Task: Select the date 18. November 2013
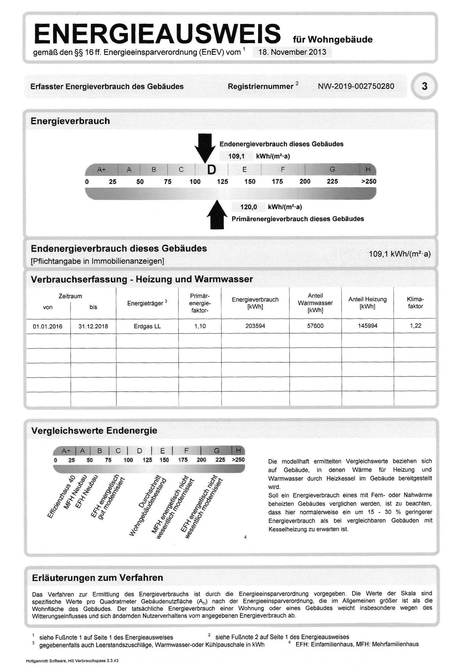pyautogui.click(x=292, y=52)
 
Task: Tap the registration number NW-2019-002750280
pyautogui.click(x=356, y=86)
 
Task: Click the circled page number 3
pyautogui.click(x=424, y=86)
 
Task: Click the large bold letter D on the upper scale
pyautogui.click(x=211, y=170)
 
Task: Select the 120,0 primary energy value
pyautogui.click(x=249, y=207)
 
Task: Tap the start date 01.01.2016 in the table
pyautogui.click(x=48, y=326)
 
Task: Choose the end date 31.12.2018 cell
pyautogui.click(x=93, y=326)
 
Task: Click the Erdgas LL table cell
pyautogui.click(x=147, y=326)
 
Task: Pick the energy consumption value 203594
pyautogui.click(x=255, y=326)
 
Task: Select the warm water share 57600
pyautogui.click(x=315, y=326)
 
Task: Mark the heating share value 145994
pyautogui.click(x=368, y=326)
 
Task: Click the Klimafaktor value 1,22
pyautogui.click(x=416, y=326)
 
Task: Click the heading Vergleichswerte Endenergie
pyautogui.click(x=94, y=431)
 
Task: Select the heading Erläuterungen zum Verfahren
pyautogui.click(x=97, y=578)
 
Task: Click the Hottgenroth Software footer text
pyautogui.click(x=72, y=661)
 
